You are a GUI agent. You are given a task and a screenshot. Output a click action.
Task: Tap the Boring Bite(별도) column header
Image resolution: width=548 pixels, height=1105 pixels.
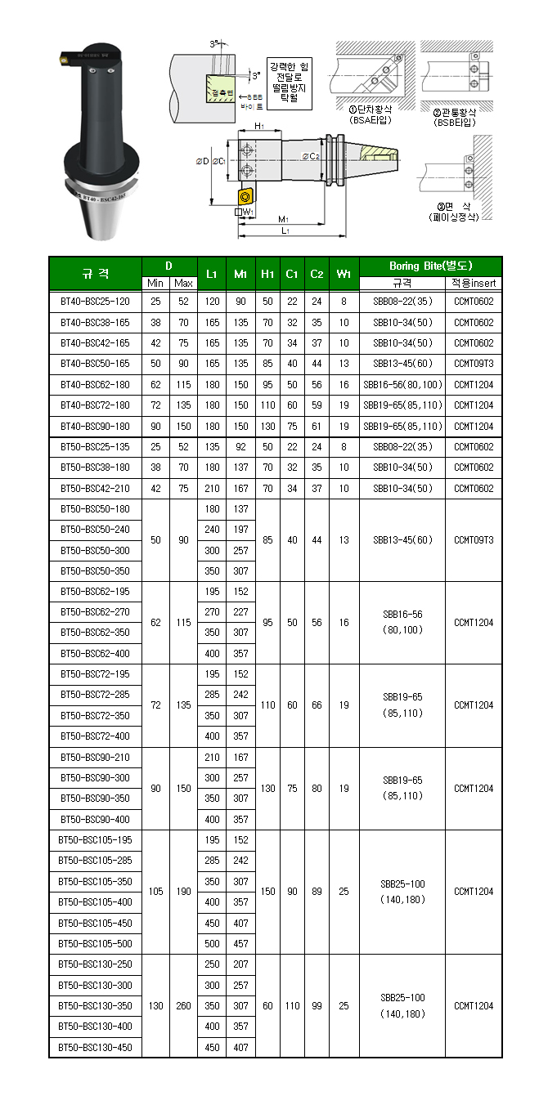(430, 266)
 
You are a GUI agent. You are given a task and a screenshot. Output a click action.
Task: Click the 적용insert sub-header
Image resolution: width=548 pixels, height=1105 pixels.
(474, 283)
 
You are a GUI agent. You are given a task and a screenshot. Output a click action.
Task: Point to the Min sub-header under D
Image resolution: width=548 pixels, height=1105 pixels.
(155, 283)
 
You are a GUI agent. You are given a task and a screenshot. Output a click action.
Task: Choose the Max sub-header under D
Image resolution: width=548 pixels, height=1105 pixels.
(183, 283)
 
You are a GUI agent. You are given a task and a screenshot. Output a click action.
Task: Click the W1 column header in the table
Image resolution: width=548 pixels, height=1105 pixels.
(344, 274)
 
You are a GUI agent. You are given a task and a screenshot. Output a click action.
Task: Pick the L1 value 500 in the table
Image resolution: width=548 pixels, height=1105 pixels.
(212, 944)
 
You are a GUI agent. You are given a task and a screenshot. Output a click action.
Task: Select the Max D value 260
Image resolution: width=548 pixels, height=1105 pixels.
(183, 1006)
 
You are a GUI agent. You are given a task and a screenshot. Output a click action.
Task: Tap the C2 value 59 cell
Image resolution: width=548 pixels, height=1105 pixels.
(317, 405)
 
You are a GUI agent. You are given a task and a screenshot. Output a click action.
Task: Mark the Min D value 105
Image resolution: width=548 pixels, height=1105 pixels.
(155, 892)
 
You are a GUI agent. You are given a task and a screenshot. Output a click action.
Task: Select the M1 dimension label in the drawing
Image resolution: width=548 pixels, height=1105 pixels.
(283, 219)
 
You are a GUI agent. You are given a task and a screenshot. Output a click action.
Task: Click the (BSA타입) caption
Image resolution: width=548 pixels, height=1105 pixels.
(370, 121)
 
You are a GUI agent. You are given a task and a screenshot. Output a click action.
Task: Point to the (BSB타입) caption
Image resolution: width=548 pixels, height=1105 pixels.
(455, 122)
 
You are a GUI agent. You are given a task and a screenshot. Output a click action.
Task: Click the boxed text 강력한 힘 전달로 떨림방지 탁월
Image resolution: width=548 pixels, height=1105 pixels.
(290, 80)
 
